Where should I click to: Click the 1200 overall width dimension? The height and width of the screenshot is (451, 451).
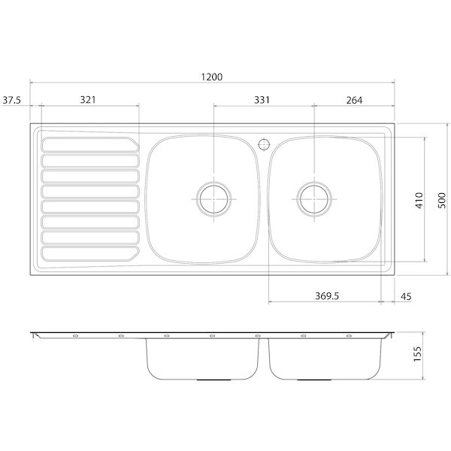click(214, 77)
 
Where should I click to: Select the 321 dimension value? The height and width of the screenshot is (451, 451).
click(89, 99)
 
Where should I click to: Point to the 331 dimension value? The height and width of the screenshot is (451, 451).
click(262, 99)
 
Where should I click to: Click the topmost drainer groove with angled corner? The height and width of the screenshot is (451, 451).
click(89, 144)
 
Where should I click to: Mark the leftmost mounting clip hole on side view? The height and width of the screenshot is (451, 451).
click(75, 336)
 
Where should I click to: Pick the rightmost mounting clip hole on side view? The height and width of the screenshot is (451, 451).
click(349, 336)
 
